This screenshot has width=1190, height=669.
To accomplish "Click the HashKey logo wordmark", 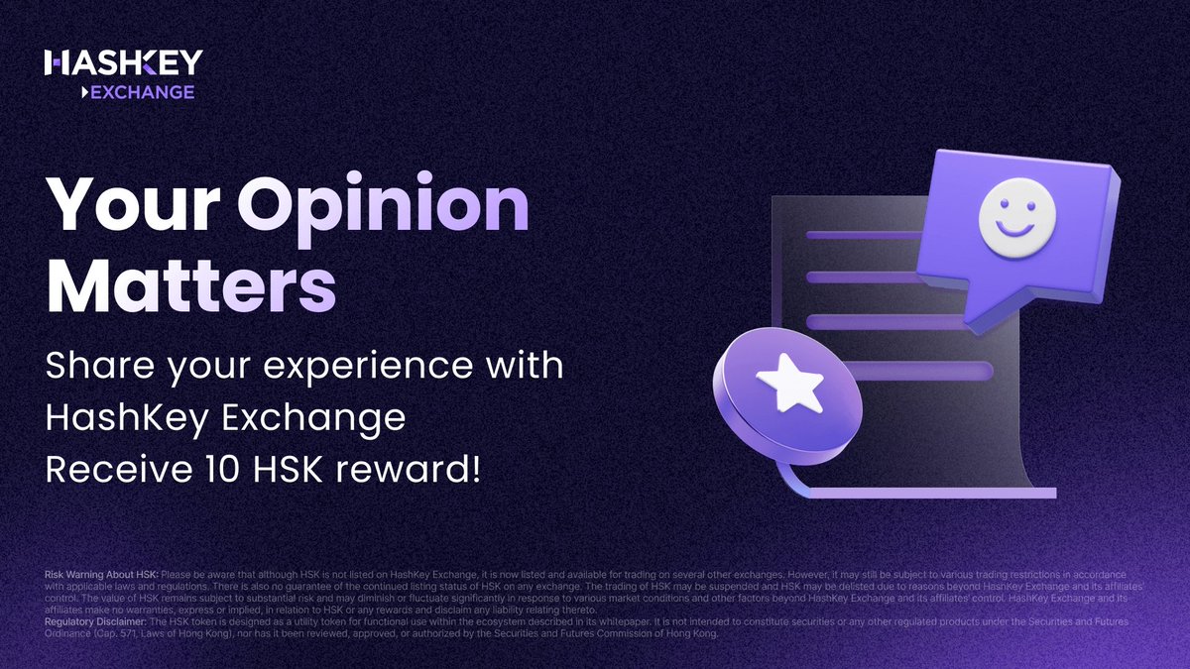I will tap(123, 63).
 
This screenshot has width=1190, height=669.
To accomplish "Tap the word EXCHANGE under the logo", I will tap(141, 92).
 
